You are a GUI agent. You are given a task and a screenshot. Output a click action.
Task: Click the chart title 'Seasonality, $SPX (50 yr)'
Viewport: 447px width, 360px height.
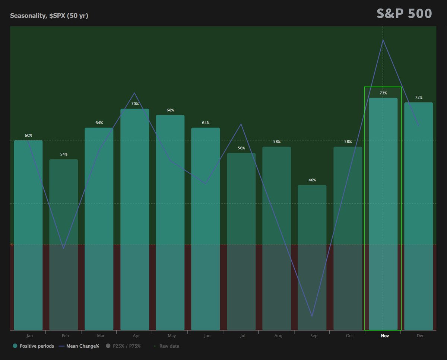(49, 16)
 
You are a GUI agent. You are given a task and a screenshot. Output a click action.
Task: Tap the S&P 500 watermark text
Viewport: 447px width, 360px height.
(404, 13)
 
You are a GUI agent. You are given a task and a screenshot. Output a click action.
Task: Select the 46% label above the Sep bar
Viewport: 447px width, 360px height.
(312, 180)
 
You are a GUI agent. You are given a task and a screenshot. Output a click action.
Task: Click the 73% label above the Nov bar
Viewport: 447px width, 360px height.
(383, 93)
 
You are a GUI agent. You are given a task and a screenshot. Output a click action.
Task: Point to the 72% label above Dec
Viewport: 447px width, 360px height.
(419, 98)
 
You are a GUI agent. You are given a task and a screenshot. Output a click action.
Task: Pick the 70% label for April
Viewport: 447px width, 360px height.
(135, 104)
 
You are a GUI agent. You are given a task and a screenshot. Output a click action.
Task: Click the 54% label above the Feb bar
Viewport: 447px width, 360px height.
(64, 154)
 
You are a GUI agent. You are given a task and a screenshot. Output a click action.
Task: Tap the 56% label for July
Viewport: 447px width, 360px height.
(241, 148)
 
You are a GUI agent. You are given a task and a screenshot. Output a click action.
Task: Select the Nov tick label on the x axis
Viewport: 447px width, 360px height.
(385, 336)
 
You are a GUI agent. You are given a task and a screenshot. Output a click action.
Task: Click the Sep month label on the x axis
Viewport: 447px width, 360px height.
(314, 336)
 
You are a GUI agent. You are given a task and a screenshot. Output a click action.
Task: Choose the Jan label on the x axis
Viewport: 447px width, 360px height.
(29, 336)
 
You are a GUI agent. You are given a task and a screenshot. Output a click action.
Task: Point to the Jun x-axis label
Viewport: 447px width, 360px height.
(207, 336)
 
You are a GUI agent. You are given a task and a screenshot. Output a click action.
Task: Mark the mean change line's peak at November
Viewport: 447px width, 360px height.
(383, 40)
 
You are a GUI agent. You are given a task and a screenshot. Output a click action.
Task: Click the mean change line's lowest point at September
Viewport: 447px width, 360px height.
(312, 316)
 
